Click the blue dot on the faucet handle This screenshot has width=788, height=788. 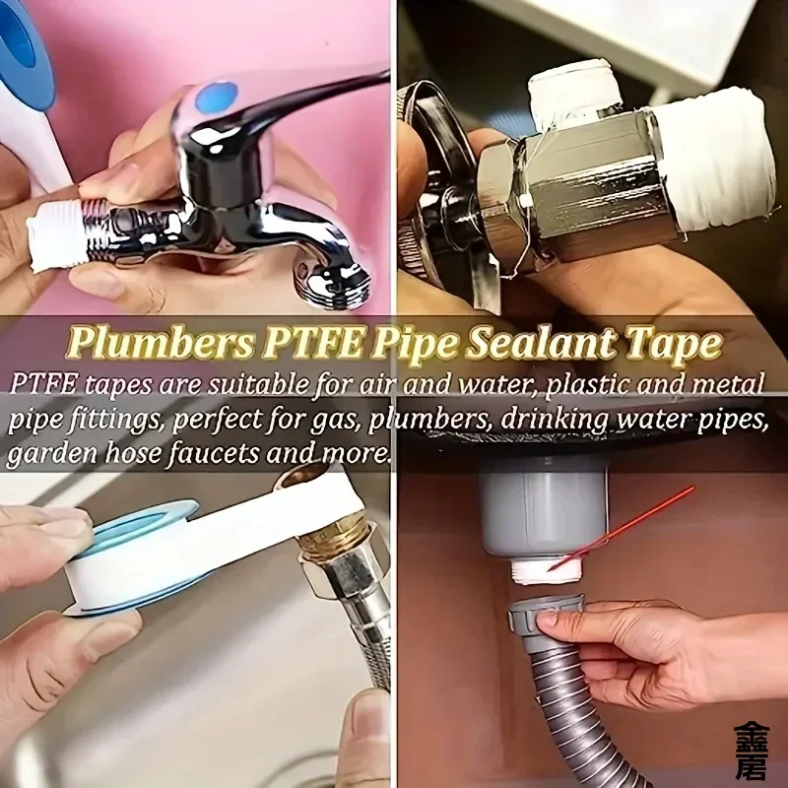click(216, 98)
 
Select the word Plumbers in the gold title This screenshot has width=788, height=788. click(161, 343)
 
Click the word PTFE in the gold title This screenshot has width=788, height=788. click(312, 343)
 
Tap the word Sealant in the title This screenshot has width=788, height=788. click(540, 343)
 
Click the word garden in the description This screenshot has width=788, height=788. click(52, 454)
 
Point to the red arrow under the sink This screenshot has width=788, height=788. click(622, 528)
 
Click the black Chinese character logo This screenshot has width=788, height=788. click(751, 751)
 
